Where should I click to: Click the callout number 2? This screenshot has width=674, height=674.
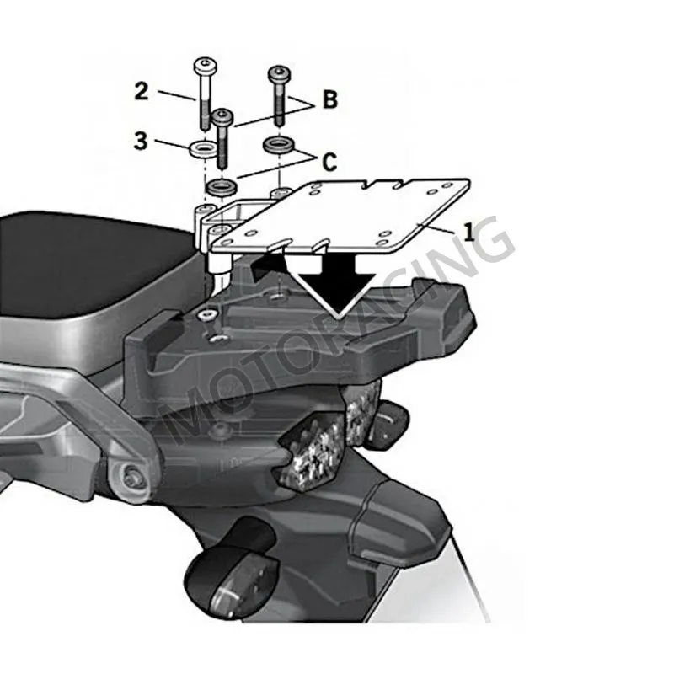pos(141,91)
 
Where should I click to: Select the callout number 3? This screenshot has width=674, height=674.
pos(141,141)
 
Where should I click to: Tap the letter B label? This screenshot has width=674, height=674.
pos(329,100)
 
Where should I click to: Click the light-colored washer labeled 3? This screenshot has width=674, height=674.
pos(201,150)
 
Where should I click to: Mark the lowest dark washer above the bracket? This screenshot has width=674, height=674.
pos(222,185)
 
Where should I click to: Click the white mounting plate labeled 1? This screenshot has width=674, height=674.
pos(354,215)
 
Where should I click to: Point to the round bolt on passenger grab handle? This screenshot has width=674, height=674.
pos(131,478)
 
